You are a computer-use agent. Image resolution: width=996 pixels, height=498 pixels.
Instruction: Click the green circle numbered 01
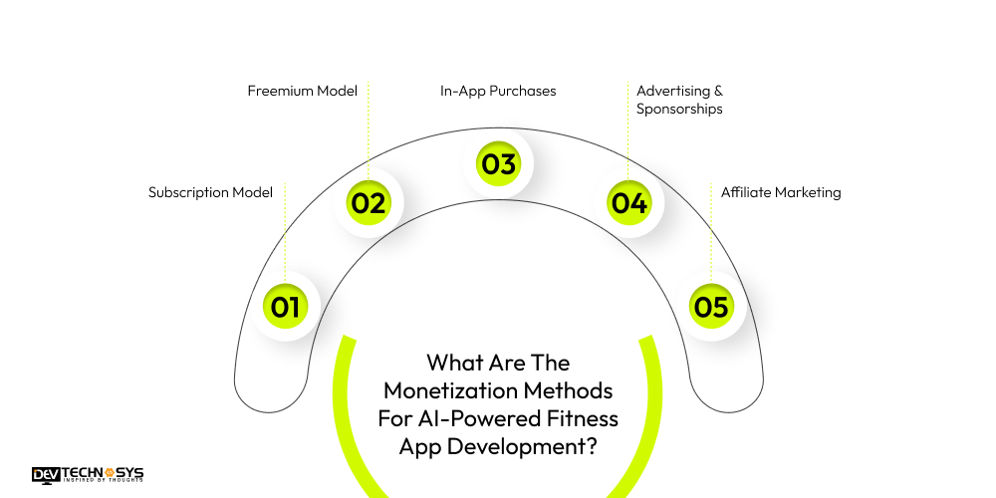285,308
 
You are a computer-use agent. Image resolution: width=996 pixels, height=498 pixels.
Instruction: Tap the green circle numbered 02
368,203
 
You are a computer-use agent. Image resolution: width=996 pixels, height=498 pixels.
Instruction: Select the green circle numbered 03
498,163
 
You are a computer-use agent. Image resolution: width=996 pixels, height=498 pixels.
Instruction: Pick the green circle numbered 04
629,203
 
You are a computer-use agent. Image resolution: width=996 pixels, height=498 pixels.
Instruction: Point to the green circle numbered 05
712,308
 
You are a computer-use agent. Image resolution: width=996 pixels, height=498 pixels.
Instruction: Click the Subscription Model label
210,192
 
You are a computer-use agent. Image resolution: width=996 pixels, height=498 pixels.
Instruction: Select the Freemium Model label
302,91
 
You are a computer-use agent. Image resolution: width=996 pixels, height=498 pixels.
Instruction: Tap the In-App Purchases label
498,91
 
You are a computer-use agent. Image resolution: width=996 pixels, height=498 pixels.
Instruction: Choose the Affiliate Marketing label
781,192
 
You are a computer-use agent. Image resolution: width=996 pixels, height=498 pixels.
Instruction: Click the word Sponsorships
679,109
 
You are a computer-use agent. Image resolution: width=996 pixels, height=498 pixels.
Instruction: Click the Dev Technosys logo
88,475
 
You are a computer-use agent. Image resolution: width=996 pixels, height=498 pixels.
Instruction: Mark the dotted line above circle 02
368,129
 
